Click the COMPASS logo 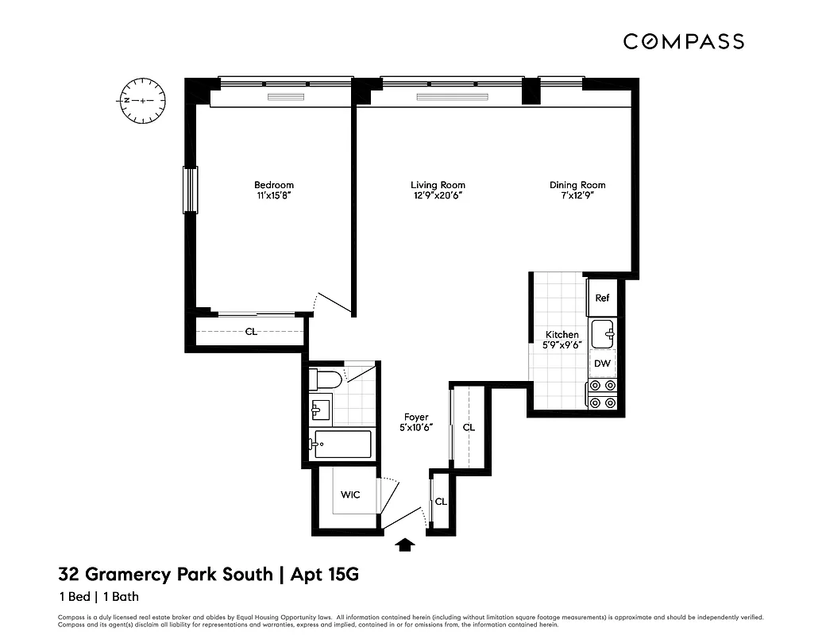click(x=683, y=41)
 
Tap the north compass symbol click(x=143, y=101)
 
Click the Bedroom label click(x=274, y=185)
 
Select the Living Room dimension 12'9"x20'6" click(x=438, y=196)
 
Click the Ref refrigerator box click(x=602, y=298)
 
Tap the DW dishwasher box click(x=602, y=364)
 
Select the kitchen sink click(x=603, y=331)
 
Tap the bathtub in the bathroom click(x=342, y=444)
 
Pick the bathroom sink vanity click(x=320, y=410)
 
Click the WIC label click(x=350, y=495)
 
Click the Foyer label click(x=416, y=417)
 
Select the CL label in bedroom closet click(x=251, y=332)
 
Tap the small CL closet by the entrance click(x=441, y=502)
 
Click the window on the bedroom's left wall click(x=190, y=190)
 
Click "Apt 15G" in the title click(x=327, y=572)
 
